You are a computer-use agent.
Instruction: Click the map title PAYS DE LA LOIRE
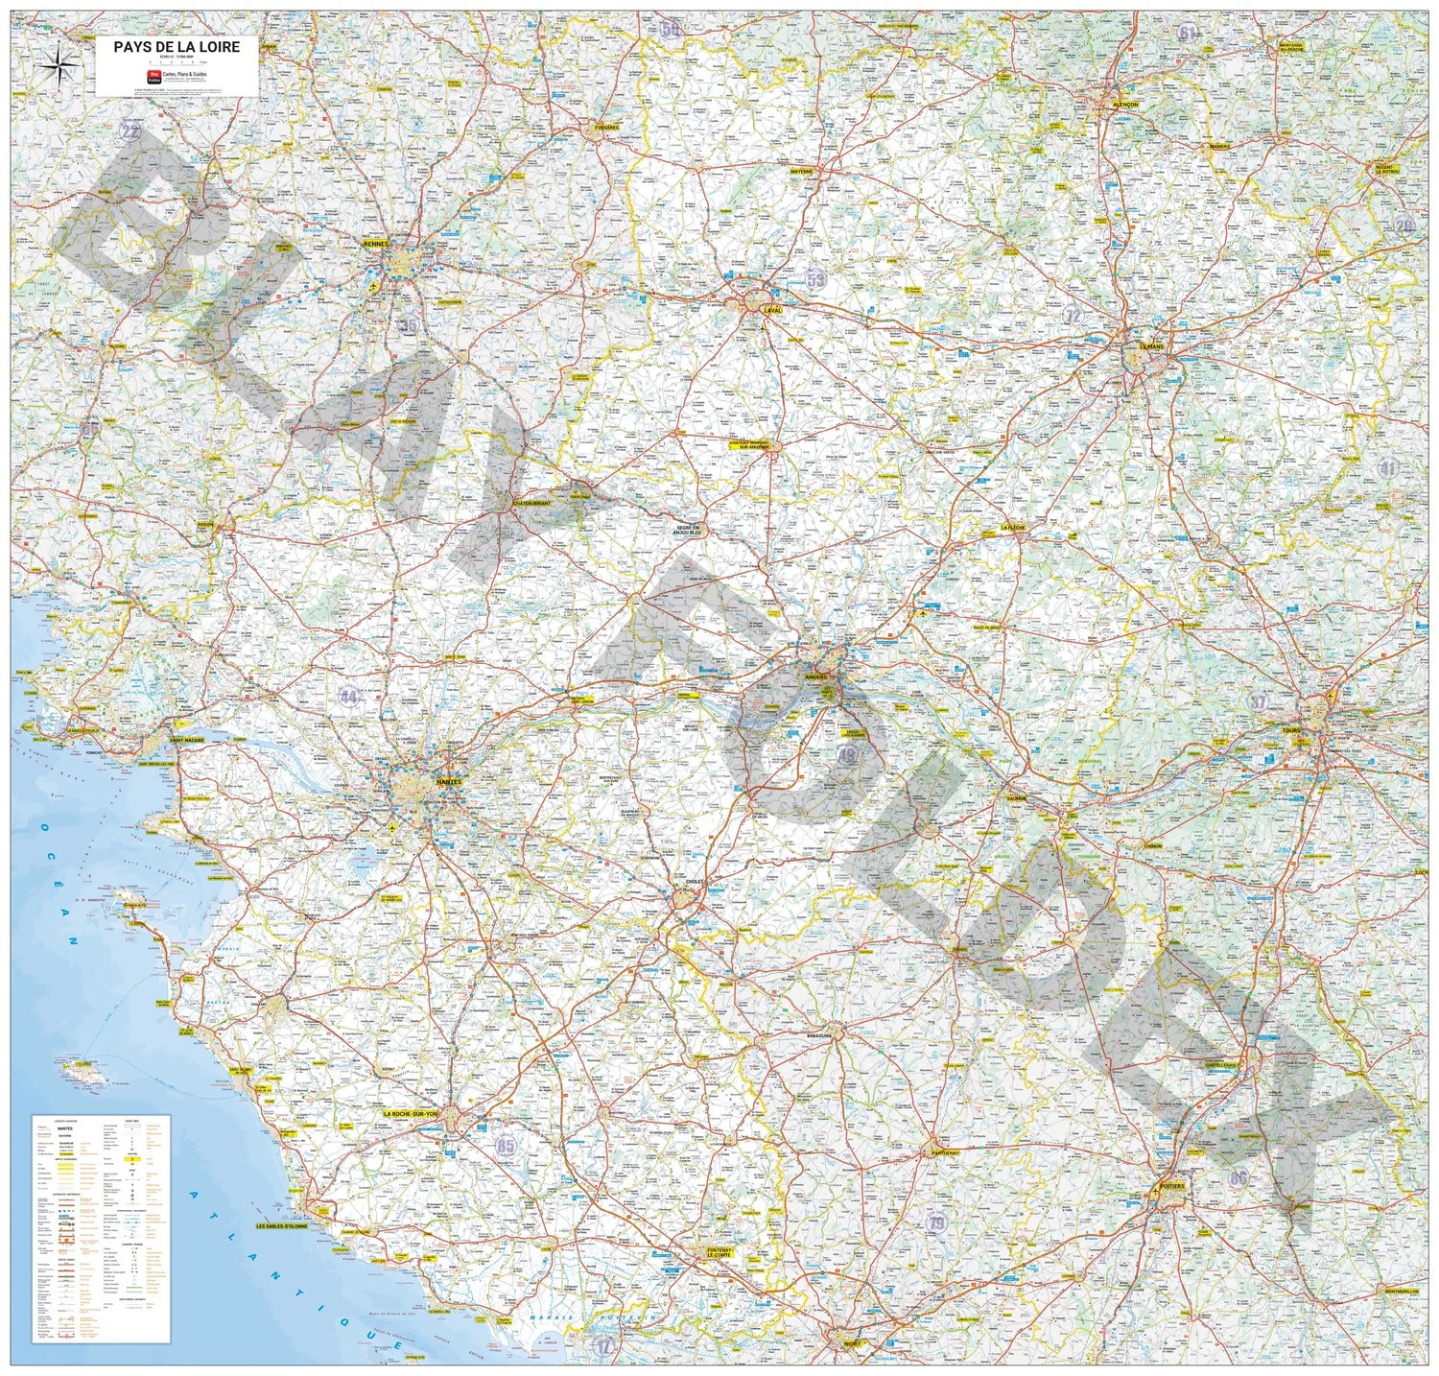[x=177, y=46]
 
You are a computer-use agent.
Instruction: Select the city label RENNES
[x=377, y=244]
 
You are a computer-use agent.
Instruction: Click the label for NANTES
[x=448, y=782]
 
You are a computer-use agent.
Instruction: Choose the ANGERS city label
[x=816, y=676]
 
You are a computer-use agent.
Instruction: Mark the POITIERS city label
[x=1171, y=1186]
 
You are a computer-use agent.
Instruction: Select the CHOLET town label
[x=696, y=881]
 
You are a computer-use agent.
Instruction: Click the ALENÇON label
[x=1124, y=104]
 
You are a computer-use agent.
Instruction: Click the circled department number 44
[x=348, y=697]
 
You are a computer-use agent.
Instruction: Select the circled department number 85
[x=506, y=1146]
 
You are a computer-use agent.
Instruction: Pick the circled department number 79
[x=937, y=1222]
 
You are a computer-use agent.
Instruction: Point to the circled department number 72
[x=1073, y=316]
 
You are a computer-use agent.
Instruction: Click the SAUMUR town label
[x=1017, y=797]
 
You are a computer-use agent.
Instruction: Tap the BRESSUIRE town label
[x=824, y=1036]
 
